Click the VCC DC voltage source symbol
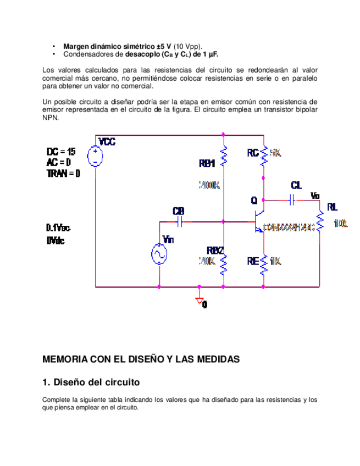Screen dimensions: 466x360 pos(96,155)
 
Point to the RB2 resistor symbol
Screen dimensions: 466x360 pos(224,265)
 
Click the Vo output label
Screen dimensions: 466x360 pos(314,195)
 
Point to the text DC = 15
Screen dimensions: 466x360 pos(61,151)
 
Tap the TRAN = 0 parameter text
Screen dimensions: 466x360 pos(63,173)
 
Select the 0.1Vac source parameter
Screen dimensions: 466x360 pos(58,228)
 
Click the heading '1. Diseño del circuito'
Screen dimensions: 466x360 pos(91,381)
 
